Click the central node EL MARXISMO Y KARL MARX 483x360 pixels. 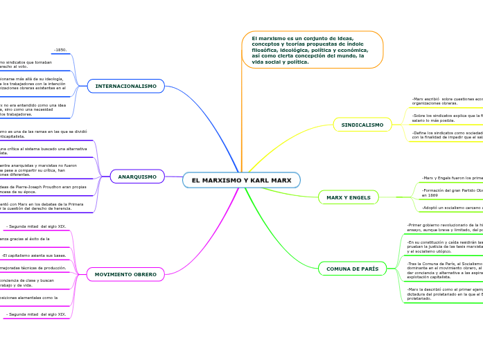tap(241, 180)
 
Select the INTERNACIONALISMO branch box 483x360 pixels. tap(126, 86)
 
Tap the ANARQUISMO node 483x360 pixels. tap(137, 177)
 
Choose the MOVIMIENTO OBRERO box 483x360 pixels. tap(125, 274)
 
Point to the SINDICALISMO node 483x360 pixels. tap(362, 125)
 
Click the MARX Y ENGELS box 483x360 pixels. tap(349, 197)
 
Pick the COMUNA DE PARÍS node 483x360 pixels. tap(352, 269)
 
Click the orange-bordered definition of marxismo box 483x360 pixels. tap(312, 50)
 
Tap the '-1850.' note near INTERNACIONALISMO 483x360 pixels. tap(60, 50)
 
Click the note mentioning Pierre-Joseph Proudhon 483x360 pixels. tap(42, 189)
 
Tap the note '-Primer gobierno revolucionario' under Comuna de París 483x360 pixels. tap(444, 228)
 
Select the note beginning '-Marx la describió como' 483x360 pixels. tap(444, 294)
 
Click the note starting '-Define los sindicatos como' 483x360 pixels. tap(447, 134)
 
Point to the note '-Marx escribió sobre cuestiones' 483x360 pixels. tap(447, 100)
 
